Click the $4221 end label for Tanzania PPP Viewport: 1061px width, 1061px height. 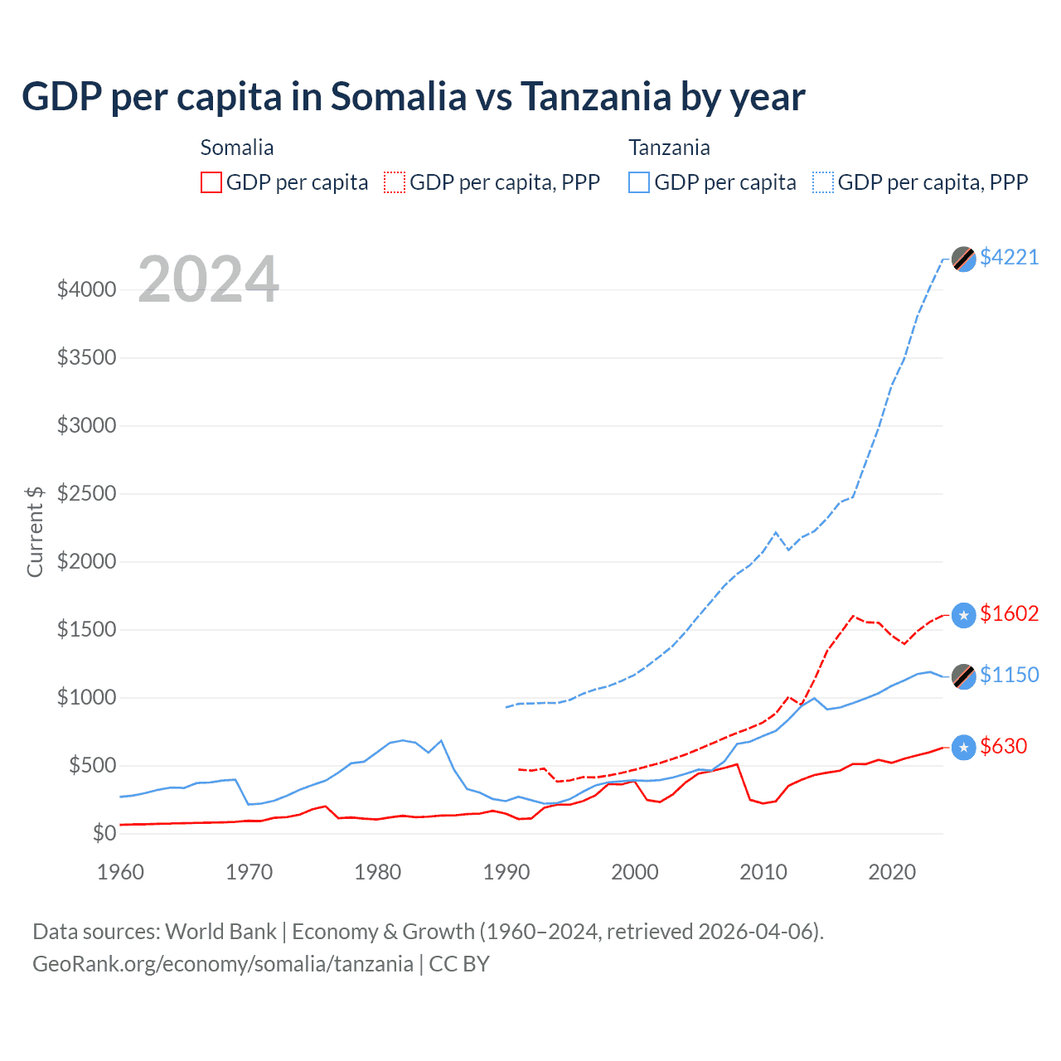coord(1009,257)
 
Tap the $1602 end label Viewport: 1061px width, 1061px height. coord(1009,613)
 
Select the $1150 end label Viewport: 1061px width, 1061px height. coord(1009,675)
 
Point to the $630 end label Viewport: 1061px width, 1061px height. coord(1003,746)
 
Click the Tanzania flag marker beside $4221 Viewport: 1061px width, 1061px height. coord(963,259)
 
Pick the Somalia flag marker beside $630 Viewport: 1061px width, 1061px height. coord(963,748)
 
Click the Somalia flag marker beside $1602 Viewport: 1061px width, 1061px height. coord(963,615)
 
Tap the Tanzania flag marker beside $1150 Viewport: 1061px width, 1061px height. coord(963,676)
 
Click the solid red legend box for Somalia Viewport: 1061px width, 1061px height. coord(211,182)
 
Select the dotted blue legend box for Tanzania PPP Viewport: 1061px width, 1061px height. coord(823,182)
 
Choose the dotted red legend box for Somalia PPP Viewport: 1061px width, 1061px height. coord(395,182)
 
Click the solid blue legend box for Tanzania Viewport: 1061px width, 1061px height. coord(639,182)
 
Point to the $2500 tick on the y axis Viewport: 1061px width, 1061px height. coord(86,494)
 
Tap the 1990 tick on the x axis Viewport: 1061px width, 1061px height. coord(506,872)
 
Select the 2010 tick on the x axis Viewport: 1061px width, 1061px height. coord(763,872)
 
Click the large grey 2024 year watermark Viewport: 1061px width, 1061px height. coord(208,279)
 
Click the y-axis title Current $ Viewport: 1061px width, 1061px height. coord(35,531)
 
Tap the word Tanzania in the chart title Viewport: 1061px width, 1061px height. coord(596,96)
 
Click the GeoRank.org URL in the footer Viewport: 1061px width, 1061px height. coord(223,964)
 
